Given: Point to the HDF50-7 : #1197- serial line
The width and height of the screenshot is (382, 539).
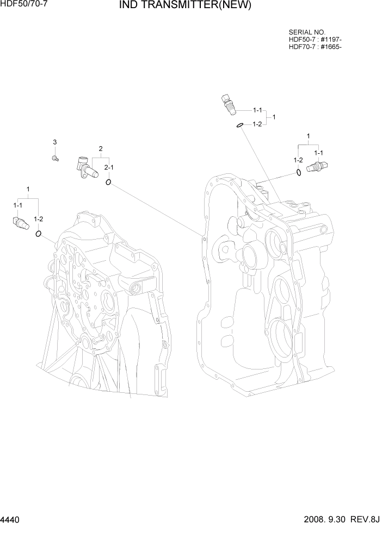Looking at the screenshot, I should pyautogui.click(x=315, y=40).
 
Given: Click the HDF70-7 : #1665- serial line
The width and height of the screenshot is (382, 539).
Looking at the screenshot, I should pyautogui.click(x=315, y=47).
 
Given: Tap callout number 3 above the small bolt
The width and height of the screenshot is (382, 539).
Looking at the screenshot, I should pyautogui.click(x=54, y=142).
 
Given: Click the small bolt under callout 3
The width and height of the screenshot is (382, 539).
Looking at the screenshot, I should pyautogui.click(x=54, y=158).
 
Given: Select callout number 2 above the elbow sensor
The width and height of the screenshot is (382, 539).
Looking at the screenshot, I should pyautogui.click(x=101, y=148).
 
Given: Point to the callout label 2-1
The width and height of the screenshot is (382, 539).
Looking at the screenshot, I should pyautogui.click(x=109, y=167).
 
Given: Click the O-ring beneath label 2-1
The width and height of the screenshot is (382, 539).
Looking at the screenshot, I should pyautogui.click(x=109, y=182).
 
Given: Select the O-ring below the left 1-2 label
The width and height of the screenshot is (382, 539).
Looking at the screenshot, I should pyautogui.click(x=39, y=234).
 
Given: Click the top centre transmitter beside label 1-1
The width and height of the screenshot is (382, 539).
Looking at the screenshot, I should pyautogui.click(x=228, y=103).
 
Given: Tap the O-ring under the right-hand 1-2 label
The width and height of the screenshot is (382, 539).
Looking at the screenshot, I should pyautogui.click(x=299, y=173).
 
